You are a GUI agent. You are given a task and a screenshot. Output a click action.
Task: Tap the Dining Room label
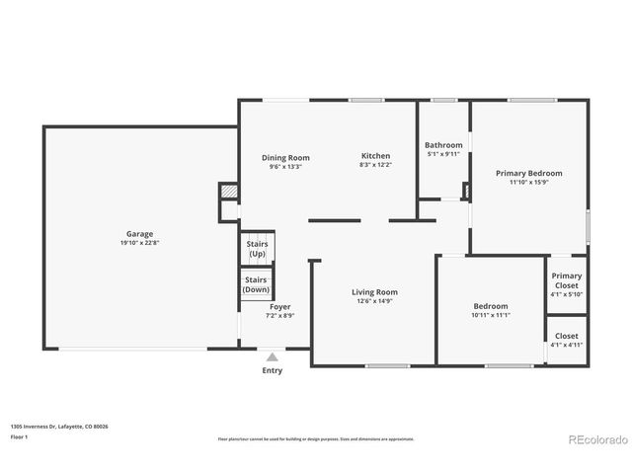pos(285,158)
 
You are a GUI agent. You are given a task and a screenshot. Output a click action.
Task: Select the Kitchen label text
pos(375,156)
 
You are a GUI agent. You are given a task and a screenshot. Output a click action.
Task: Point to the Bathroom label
pos(443,145)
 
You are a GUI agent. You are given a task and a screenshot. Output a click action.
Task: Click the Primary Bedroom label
pos(528,173)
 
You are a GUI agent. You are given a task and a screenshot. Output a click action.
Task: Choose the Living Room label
pos(374,292)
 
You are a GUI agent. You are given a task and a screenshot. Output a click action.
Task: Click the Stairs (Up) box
pos(257,249)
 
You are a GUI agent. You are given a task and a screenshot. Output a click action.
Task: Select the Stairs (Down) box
pos(257,284)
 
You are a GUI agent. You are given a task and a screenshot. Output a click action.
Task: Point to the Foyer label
pos(279,307)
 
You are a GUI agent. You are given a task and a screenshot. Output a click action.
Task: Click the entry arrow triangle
pos(272,356)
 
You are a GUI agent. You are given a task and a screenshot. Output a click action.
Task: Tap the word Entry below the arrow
pos(272,371)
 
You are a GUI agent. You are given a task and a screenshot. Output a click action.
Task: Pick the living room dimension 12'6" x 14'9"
pos(374,301)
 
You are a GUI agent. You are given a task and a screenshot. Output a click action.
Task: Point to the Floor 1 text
pos(20,435)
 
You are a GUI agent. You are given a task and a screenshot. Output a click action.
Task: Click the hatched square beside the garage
pos(228,190)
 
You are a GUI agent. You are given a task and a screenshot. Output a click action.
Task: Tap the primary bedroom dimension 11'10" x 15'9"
pos(528,182)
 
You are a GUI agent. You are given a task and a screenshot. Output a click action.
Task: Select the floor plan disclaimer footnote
pos(316,438)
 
